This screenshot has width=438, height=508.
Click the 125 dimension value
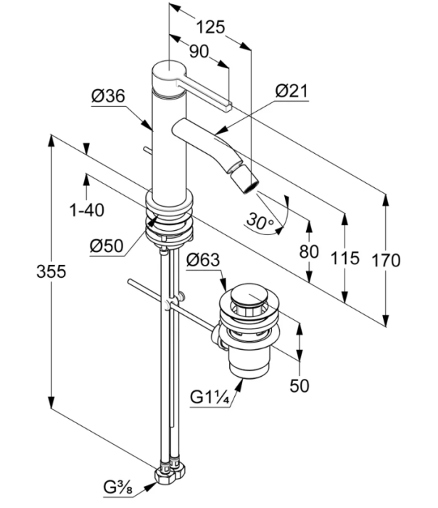coord(210,28)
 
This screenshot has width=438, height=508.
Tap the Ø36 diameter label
coord(109,95)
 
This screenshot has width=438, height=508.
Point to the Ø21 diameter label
coord(292,91)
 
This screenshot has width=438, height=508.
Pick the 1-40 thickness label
coord(86,210)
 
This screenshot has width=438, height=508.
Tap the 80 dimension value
coord(310,251)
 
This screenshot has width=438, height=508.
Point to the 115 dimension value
coord(347,258)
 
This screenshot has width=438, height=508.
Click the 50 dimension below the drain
coord(299,385)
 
